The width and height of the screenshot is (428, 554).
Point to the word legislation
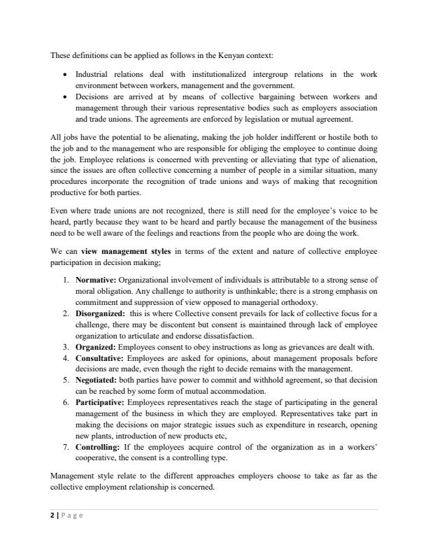pyautogui.click(x=273, y=118)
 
